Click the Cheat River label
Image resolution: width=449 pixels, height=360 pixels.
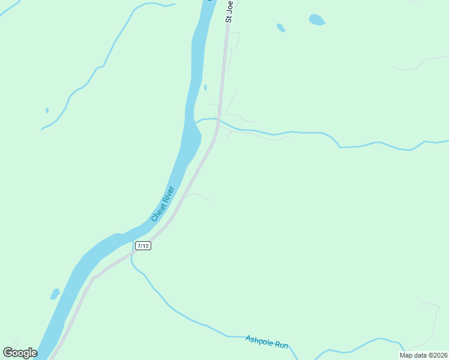(x=163, y=203)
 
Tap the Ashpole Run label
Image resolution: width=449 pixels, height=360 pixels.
(x=267, y=342)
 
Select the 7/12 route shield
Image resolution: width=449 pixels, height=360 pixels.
(x=143, y=246)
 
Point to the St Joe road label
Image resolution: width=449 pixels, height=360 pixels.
(x=229, y=11)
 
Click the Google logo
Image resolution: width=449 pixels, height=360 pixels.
(x=20, y=353)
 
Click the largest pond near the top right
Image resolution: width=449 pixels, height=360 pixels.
(x=316, y=20)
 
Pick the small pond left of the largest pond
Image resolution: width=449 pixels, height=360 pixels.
(x=280, y=28)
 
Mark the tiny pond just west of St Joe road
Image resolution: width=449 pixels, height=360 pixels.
(x=205, y=88)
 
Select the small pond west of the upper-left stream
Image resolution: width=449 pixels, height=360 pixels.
(x=47, y=110)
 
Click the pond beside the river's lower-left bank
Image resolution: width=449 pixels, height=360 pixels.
(x=55, y=294)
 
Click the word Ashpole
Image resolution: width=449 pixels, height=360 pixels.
(x=259, y=340)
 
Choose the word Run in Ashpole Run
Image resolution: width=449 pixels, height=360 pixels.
(x=281, y=344)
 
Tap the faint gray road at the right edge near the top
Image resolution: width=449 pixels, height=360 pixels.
(x=426, y=60)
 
